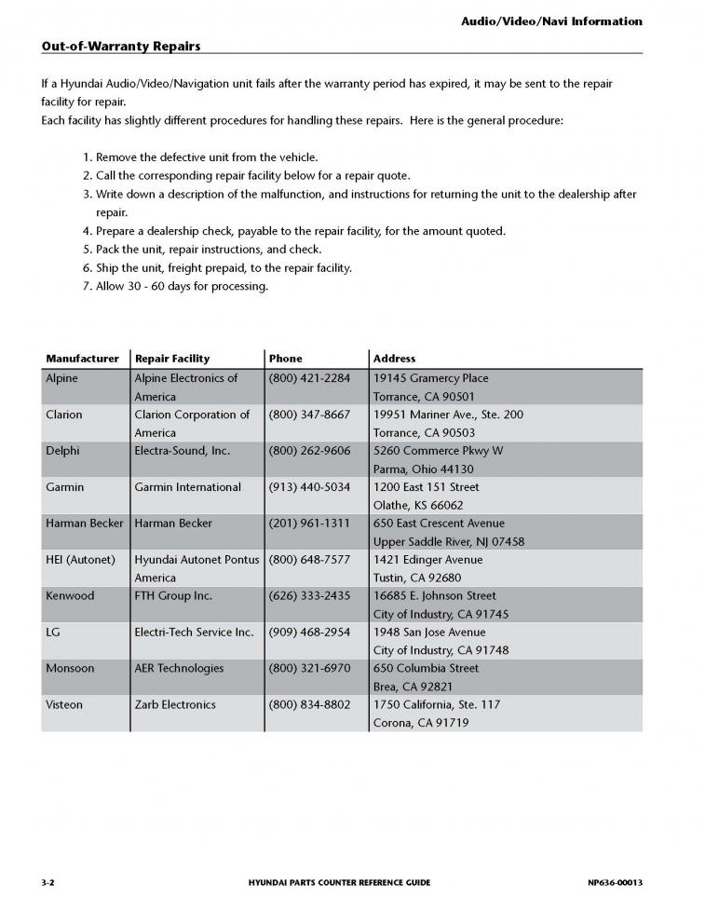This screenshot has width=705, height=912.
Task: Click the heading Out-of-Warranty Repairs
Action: click(121, 46)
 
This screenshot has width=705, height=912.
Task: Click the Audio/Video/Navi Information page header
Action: click(551, 20)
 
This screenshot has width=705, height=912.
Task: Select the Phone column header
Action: click(285, 359)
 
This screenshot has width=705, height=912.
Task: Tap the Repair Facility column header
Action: click(172, 359)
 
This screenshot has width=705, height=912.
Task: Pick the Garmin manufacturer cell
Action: click(64, 487)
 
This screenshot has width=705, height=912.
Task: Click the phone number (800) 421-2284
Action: click(309, 378)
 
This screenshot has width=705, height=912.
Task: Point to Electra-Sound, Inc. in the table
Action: click(182, 451)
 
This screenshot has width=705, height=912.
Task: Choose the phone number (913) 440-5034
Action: click(309, 487)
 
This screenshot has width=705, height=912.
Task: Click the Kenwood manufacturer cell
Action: click(70, 596)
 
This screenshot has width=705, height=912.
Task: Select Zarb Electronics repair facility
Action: click(175, 705)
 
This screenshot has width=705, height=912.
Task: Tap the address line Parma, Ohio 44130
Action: click(423, 470)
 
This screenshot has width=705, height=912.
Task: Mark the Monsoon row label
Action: click(70, 669)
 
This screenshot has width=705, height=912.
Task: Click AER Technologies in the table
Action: click(179, 669)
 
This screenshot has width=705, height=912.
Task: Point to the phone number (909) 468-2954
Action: click(309, 633)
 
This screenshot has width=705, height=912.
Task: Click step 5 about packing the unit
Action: click(208, 250)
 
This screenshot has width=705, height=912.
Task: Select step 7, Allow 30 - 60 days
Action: click(182, 286)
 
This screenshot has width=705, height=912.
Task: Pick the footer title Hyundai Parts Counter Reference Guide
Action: click(340, 882)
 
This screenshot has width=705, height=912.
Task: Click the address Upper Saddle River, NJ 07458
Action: click(448, 542)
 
